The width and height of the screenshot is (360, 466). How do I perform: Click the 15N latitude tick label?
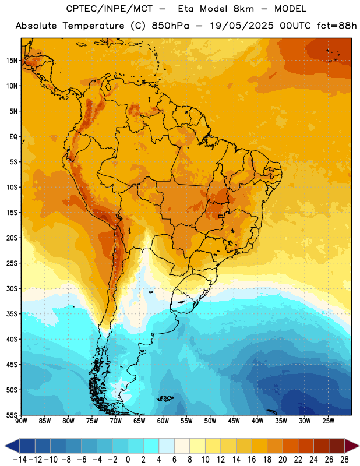coord(12,61)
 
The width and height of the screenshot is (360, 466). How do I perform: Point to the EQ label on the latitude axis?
coord(13,137)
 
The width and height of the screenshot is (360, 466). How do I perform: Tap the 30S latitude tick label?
coord(12,288)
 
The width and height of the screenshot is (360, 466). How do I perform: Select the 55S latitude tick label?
coord(12,415)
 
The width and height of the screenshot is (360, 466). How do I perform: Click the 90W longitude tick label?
coord(21,421)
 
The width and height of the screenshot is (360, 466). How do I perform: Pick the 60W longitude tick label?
coord(163,421)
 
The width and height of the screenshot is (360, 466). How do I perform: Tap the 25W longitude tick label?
coord(328,421)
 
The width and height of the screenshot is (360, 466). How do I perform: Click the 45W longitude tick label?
coord(234,421)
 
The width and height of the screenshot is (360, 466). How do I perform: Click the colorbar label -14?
coord(20,460)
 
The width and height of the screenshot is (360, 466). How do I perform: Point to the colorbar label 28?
coord(344,460)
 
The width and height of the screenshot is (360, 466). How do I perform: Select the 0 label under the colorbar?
coord(128,460)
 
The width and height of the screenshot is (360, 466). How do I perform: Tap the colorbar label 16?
coord(252,460)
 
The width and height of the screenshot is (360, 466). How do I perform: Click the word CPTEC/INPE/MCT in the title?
coord(110,9)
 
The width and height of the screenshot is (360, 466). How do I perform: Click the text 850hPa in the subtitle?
coord(170,26)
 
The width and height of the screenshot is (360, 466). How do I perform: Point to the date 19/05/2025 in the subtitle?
coord(242,26)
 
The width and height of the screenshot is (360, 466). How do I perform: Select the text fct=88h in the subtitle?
coord(337,26)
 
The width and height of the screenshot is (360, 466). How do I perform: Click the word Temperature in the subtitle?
coord(93,26)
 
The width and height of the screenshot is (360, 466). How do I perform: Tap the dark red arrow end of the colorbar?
coord(352,446)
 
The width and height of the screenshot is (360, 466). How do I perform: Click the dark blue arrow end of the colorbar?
coord(12,446)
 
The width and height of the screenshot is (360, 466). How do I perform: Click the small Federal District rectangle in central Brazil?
coord(221,216)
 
